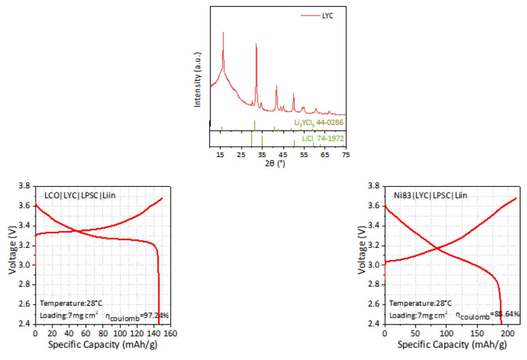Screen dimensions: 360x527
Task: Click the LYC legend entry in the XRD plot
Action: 327,16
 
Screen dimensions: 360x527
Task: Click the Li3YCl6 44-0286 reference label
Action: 319,122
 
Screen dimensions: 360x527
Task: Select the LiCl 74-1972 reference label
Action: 323,139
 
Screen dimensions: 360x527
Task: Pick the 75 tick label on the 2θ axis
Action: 345,155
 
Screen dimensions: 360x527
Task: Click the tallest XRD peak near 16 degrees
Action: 223,33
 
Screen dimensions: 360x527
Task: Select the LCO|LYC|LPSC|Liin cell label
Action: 80,195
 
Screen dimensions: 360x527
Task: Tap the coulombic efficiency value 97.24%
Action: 157,315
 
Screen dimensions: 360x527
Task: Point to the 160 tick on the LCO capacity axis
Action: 170,333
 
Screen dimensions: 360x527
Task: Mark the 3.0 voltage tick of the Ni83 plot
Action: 374,265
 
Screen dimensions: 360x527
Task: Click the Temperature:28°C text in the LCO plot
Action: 66,303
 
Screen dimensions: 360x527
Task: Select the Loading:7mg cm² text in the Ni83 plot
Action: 418,315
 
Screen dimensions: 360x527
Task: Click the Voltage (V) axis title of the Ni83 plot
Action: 362,250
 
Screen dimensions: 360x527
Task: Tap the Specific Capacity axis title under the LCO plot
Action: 103,345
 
